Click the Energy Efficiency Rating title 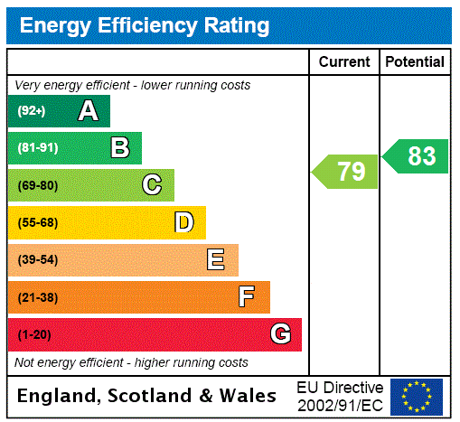click(145, 25)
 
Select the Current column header click(344, 62)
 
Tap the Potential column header click(415, 62)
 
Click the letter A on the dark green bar click(88, 111)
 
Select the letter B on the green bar click(119, 148)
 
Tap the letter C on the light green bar click(152, 185)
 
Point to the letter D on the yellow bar click(183, 222)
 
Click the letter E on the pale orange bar click(216, 260)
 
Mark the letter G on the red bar click(280, 334)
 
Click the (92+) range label click(32, 111)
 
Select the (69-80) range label click(37, 185)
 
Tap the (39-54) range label click(37, 260)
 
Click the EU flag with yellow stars click(417, 396)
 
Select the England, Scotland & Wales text click(147, 396)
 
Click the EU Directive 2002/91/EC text click(340, 396)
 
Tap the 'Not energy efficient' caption click(131, 362)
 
